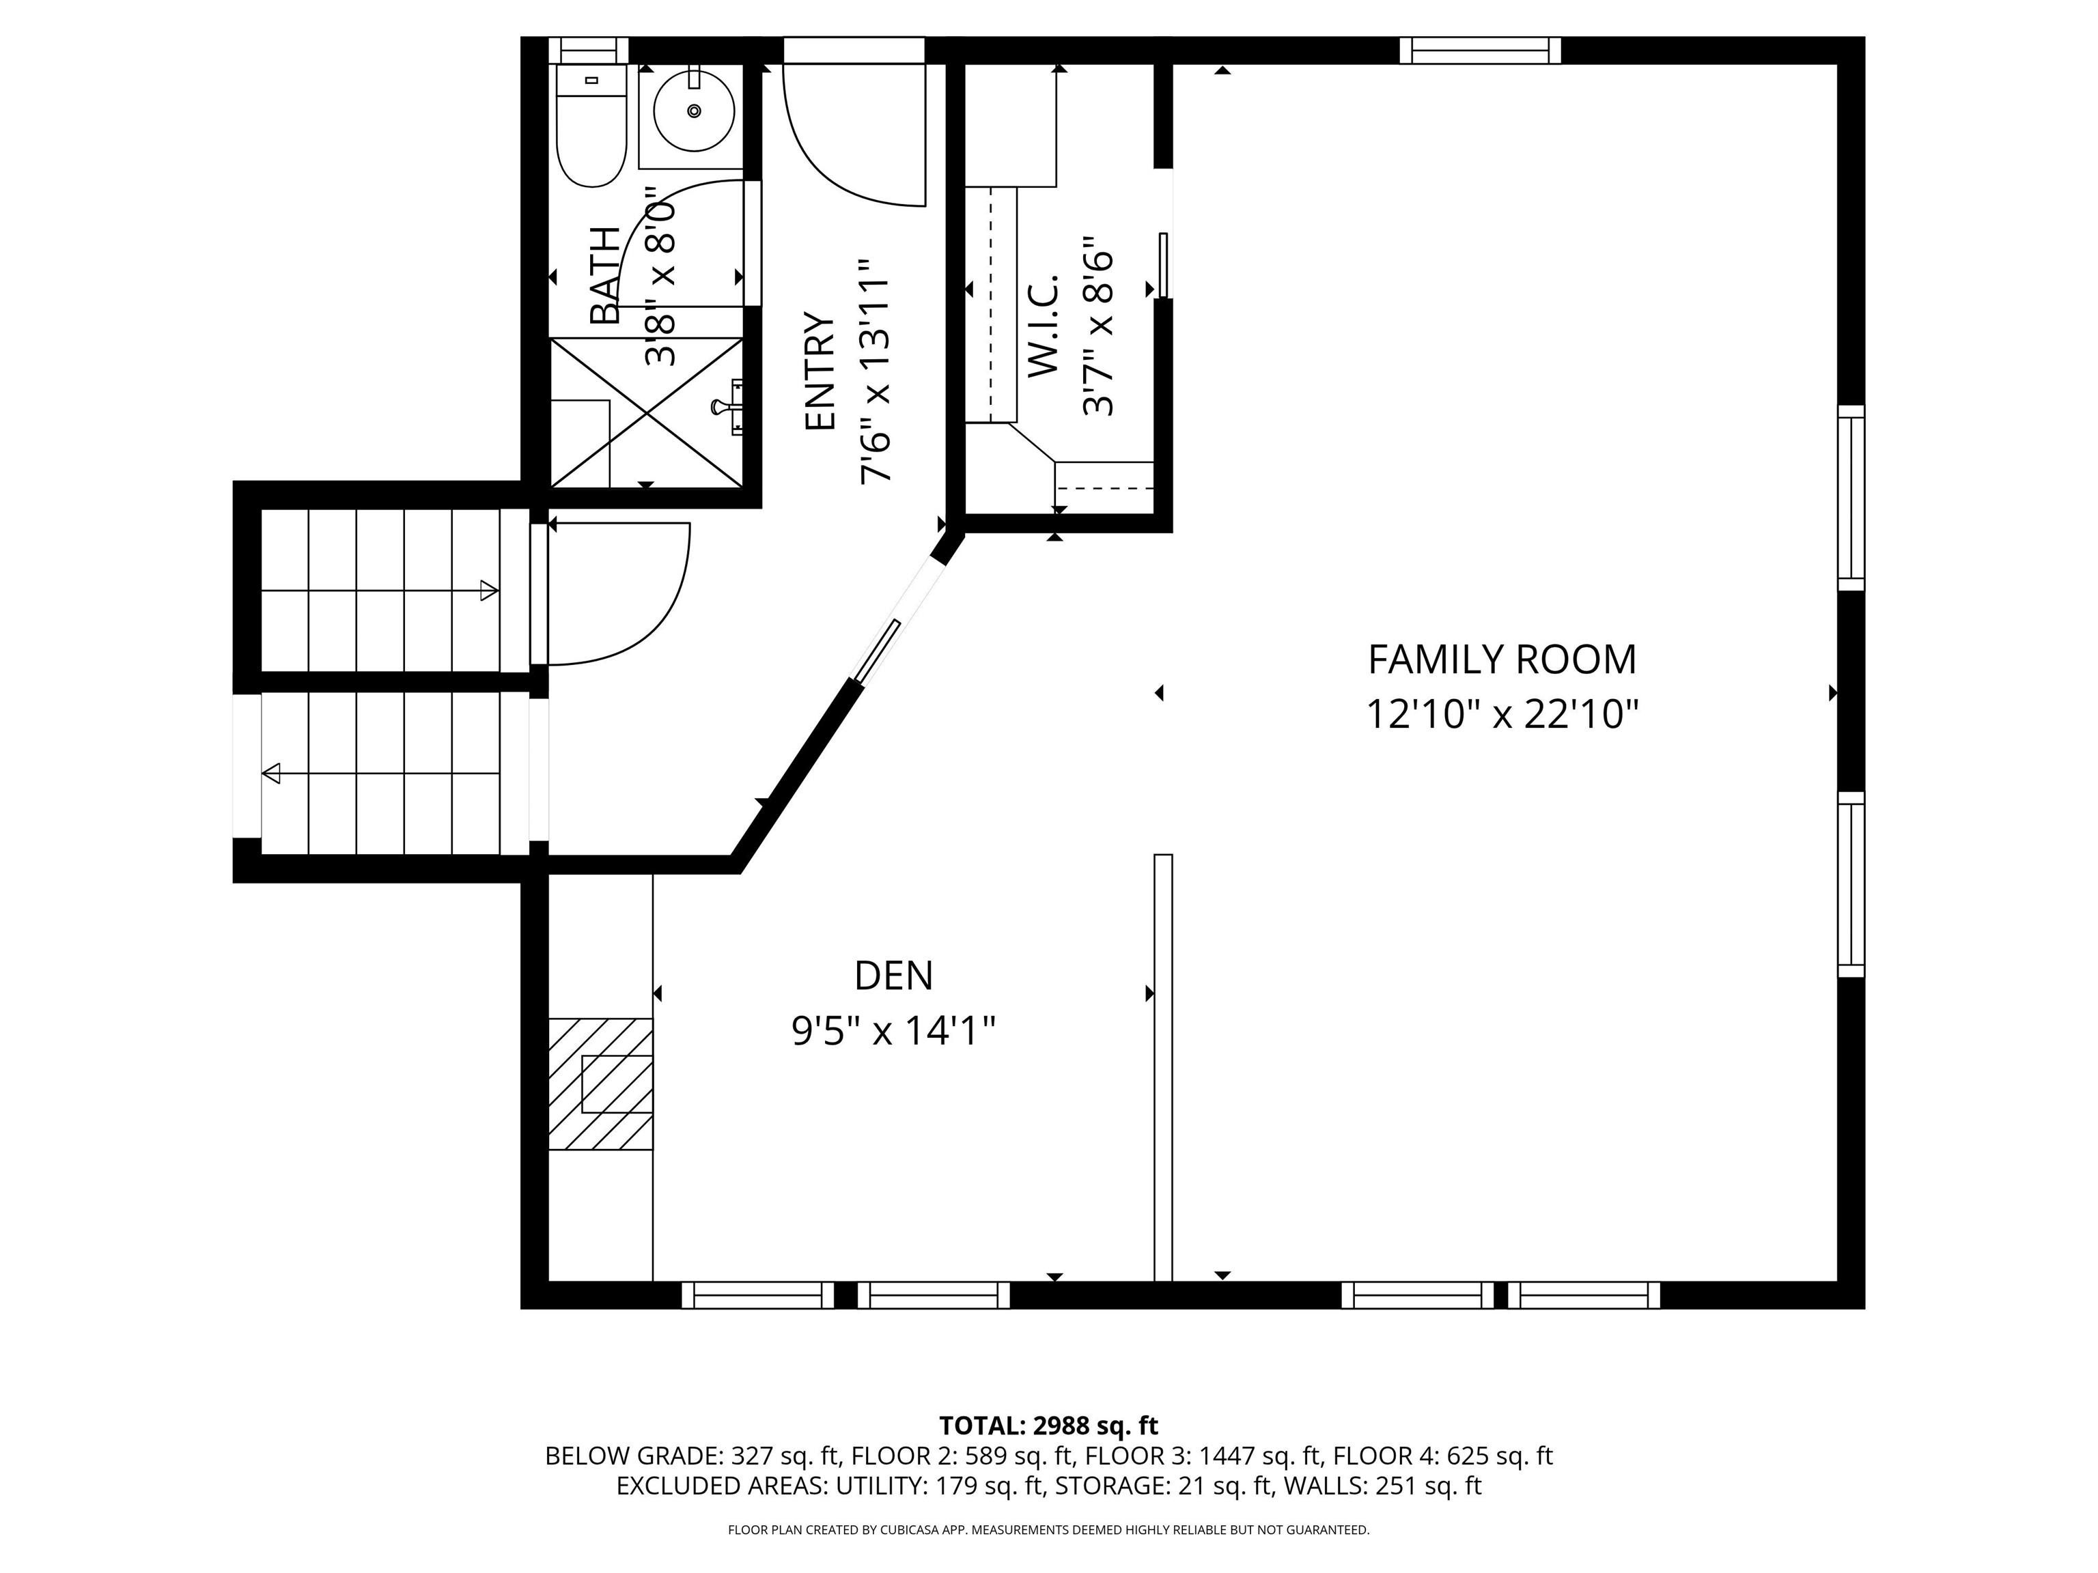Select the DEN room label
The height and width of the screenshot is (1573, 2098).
coord(893,976)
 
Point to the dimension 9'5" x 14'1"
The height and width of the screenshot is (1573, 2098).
coord(893,1031)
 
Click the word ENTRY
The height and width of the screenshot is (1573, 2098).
coord(820,371)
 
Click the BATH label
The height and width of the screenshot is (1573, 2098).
coord(604,275)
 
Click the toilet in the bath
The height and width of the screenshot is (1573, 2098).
coord(591,128)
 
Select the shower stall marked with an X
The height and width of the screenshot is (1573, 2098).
coord(646,412)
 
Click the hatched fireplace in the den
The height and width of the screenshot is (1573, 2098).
coord(600,1083)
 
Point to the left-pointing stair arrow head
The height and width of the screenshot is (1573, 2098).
coord(271,774)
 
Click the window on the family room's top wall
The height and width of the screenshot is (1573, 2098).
coord(1480,51)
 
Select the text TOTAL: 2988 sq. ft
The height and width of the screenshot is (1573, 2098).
coord(1048,1425)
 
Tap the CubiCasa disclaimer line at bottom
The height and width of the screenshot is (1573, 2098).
coord(1048,1529)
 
